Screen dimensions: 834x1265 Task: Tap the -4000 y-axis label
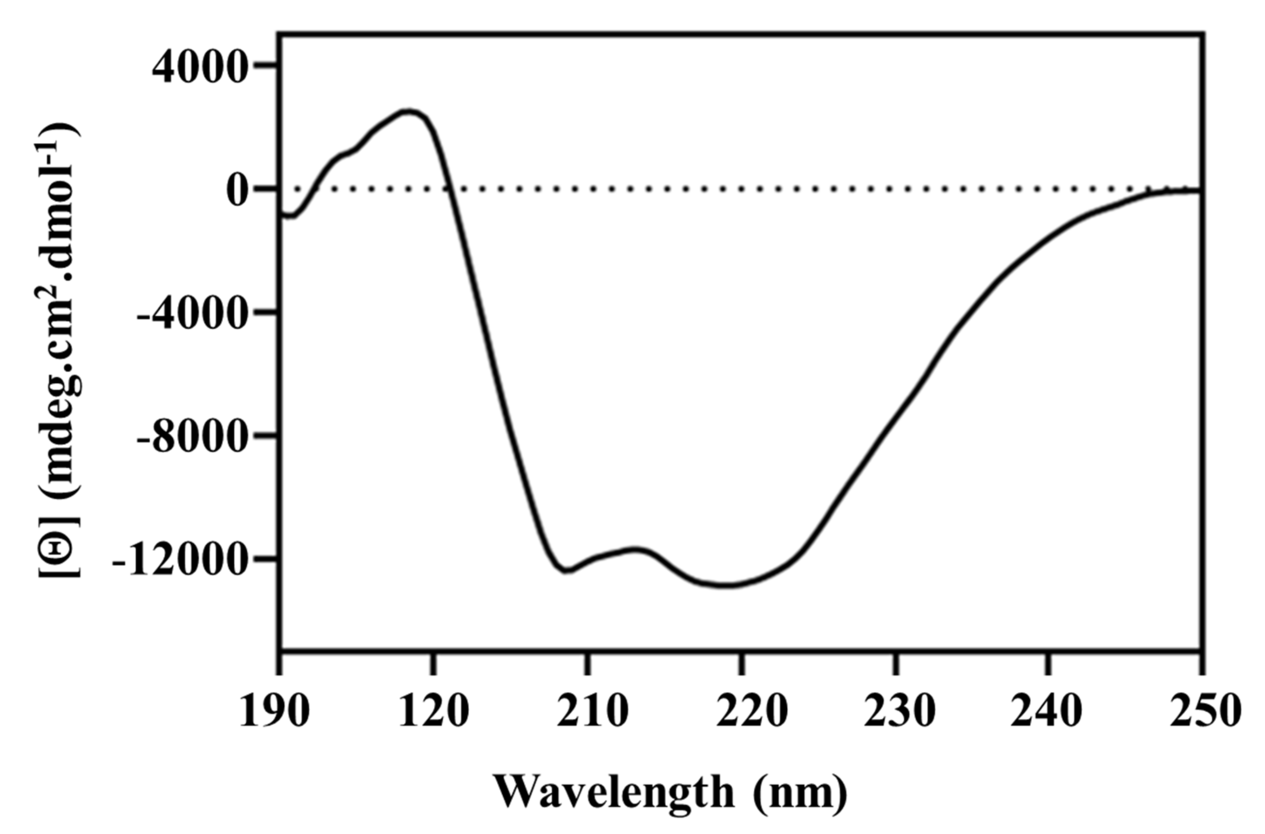[193, 314]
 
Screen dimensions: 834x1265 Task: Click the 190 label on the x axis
[274, 711]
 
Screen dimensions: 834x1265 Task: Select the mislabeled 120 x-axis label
[433, 711]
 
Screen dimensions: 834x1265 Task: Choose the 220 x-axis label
[751, 711]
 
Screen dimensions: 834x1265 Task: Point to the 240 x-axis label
[1046, 711]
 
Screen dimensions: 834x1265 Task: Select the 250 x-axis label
[1205, 711]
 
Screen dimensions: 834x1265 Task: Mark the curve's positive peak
[408, 112]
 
